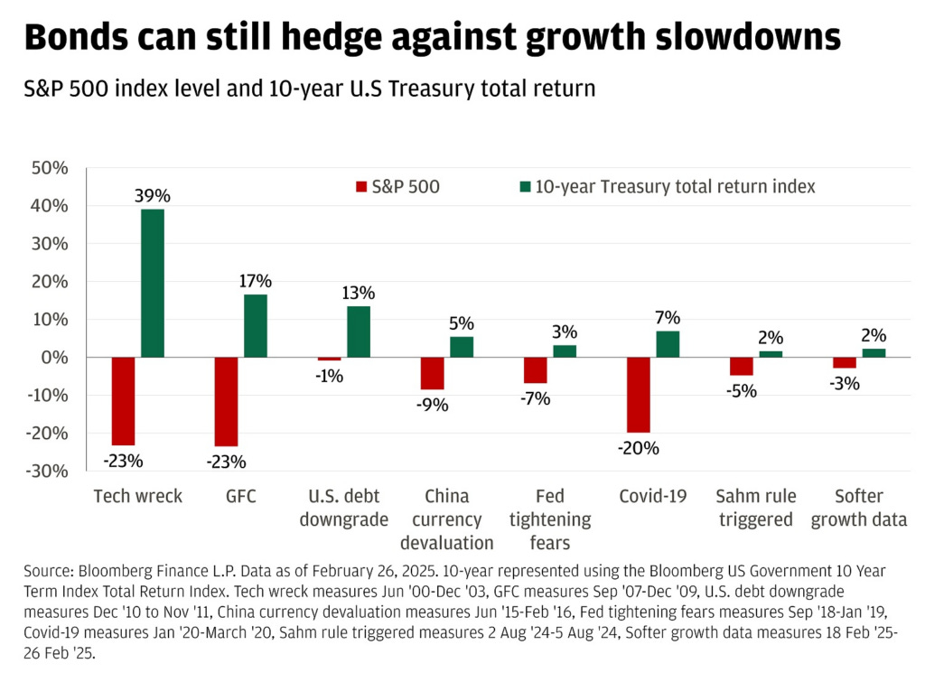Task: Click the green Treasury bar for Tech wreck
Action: pyautogui.click(x=153, y=283)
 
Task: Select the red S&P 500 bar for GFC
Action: pyautogui.click(x=226, y=401)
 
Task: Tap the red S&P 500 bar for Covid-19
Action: pyautogui.click(x=638, y=395)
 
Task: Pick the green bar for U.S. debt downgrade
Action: pyautogui.click(x=359, y=332)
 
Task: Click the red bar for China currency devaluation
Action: pyautogui.click(x=432, y=373)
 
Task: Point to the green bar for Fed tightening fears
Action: pyautogui.click(x=565, y=351)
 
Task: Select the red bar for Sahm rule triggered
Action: pyautogui.click(x=742, y=366)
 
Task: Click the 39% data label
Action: pyautogui.click(x=153, y=196)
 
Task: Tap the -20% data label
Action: pyautogui.click(x=639, y=448)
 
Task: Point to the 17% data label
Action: pyautogui.click(x=256, y=281)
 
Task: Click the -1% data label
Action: pyautogui.click(x=329, y=376)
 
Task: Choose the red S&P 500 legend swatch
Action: pyautogui.click(x=362, y=187)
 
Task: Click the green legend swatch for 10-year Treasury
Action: pyautogui.click(x=523, y=187)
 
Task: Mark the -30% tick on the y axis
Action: pyautogui.click(x=50, y=471)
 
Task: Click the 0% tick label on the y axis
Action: pyautogui.click(x=57, y=357)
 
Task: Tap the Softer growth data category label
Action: pyautogui.click(x=859, y=508)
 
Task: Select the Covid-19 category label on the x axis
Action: pyautogui.click(x=653, y=496)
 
